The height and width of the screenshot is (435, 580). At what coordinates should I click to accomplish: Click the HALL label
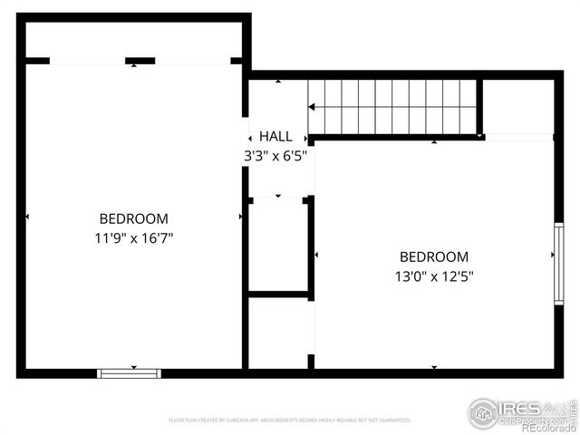click(275, 136)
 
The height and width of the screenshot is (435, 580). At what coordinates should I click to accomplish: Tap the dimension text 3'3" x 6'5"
click(275, 155)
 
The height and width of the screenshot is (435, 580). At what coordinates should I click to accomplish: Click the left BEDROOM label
click(133, 218)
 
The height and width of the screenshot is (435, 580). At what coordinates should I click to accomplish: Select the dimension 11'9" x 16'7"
click(133, 238)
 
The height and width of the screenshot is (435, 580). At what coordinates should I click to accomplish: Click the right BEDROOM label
click(434, 257)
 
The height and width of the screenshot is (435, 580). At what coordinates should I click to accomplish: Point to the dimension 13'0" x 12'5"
click(434, 276)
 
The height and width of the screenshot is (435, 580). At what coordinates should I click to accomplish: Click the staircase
click(392, 107)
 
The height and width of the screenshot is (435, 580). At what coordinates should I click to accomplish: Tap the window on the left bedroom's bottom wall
click(129, 372)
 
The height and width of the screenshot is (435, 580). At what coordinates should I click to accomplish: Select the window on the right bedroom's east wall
click(558, 264)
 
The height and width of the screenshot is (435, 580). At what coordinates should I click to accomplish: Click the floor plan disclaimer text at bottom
click(290, 420)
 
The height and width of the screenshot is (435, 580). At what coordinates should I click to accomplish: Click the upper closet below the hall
click(278, 245)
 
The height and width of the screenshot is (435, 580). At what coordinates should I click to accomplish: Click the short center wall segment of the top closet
click(140, 61)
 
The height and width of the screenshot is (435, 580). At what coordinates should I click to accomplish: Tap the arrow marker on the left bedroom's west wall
click(28, 217)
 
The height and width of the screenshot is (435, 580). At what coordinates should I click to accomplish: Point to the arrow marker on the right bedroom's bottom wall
click(434, 367)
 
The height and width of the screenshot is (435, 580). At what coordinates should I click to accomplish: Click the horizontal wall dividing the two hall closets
click(279, 295)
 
